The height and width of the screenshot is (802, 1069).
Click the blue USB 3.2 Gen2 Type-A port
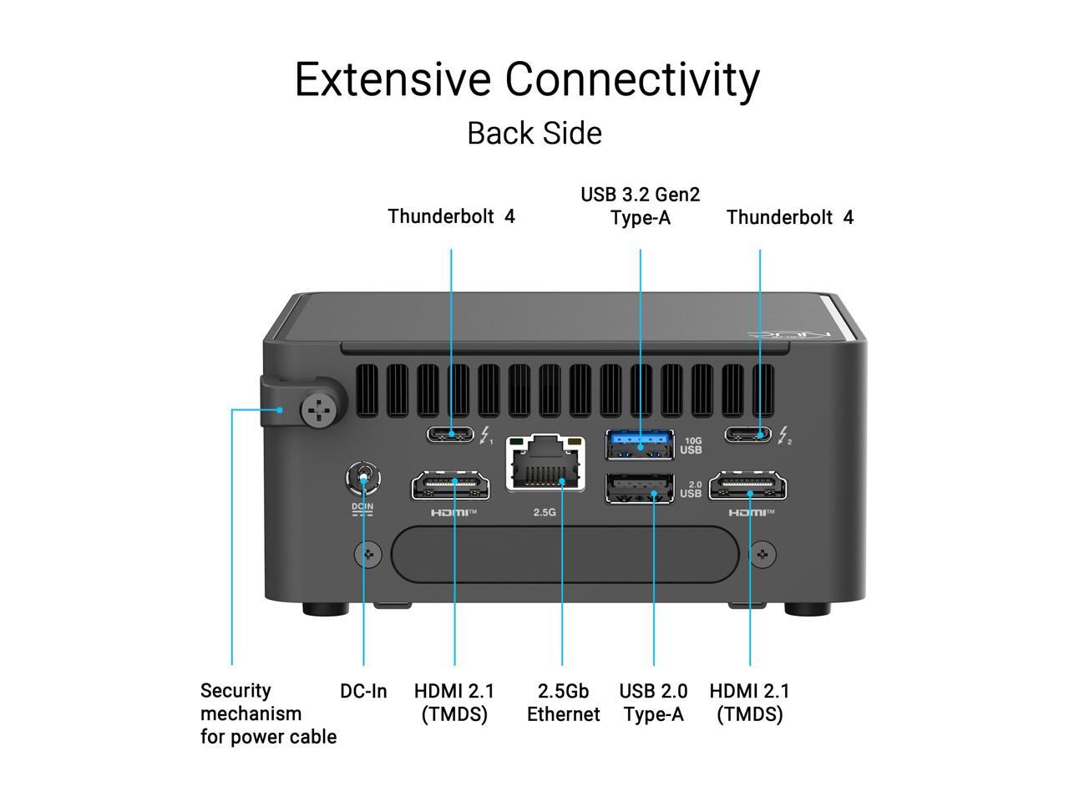(x=640, y=444)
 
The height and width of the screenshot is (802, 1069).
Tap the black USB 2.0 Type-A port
(x=640, y=488)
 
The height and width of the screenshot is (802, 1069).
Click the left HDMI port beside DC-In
(x=450, y=485)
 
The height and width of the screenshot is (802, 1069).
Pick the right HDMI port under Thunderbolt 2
(x=748, y=485)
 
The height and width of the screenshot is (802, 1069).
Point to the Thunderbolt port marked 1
(x=451, y=434)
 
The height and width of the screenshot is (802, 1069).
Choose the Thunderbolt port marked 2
(x=748, y=434)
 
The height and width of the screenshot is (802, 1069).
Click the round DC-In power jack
(x=363, y=480)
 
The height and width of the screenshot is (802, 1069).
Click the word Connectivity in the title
(x=632, y=79)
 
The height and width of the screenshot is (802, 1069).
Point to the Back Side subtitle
(x=534, y=133)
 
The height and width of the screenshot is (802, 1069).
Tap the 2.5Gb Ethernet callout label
(x=563, y=703)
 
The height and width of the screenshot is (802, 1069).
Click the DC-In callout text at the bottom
(x=363, y=691)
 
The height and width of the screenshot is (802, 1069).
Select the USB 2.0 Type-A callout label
(x=653, y=703)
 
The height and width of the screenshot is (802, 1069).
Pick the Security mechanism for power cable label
(x=268, y=713)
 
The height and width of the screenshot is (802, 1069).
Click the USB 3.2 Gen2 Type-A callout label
(x=641, y=206)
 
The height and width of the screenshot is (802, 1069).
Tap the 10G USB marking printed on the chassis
(x=691, y=445)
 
